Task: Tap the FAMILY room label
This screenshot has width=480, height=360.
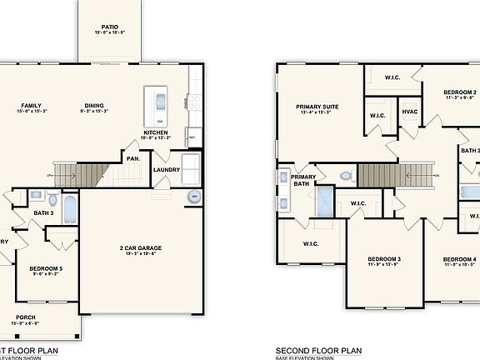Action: pos(32,105)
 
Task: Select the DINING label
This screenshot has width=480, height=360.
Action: pos(94,105)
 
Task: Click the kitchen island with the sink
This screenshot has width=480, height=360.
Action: pos(157,102)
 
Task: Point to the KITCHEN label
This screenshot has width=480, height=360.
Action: pos(157,132)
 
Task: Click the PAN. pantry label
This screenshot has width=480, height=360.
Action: pos(132,157)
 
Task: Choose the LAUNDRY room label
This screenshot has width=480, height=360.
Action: pos(167,171)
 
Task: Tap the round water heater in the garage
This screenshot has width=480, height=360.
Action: pos(194,197)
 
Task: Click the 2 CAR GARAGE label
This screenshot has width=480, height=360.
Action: pos(139,247)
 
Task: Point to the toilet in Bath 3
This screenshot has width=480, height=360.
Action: pos(52,200)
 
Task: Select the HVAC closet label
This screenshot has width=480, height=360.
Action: pos(409,111)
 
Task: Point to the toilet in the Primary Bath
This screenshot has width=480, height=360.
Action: pos(346,177)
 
